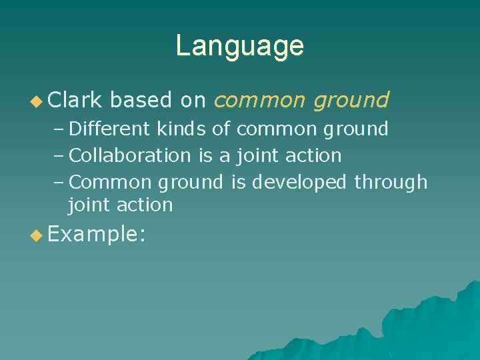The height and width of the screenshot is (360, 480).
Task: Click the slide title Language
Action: (x=239, y=46)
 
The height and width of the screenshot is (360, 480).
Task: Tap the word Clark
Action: (x=75, y=100)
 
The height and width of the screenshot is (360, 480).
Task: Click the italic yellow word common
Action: (x=261, y=101)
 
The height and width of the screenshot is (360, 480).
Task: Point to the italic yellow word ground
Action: (x=351, y=101)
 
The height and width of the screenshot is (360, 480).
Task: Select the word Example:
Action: (x=97, y=235)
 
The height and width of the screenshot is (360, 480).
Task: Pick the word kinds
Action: (x=181, y=129)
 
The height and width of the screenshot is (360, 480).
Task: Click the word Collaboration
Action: (x=130, y=155)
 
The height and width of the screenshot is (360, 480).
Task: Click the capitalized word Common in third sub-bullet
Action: (x=104, y=182)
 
